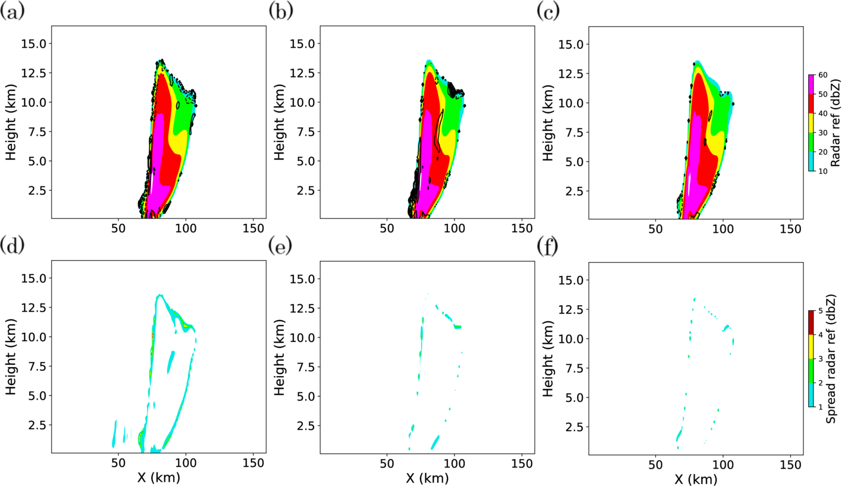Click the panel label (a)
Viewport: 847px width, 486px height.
point(12,11)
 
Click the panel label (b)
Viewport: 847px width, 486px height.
point(281,11)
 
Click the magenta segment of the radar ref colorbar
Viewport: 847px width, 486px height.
point(811,85)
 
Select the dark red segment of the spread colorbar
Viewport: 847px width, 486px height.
point(811,320)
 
